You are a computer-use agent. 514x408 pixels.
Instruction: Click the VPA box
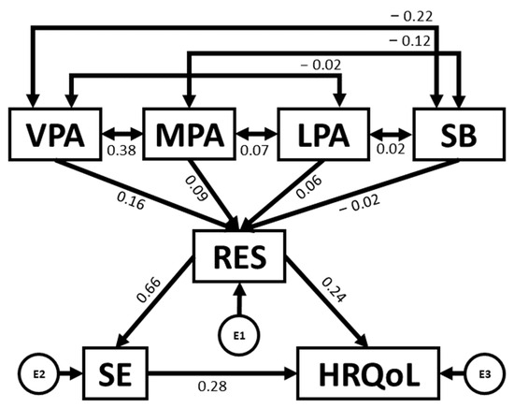(x=55, y=134)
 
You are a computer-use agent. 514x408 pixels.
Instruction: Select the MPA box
(x=190, y=134)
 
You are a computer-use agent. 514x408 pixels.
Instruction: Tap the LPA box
(x=323, y=134)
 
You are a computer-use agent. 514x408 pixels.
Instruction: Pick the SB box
(x=458, y=134)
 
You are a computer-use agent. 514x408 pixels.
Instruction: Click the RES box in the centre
(x=239, y=255)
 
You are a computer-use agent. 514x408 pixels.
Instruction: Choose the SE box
(x=115, y=373)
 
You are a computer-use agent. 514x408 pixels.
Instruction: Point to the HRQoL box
(x=368, y=373)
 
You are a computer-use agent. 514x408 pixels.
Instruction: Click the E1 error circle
(x=239, y=336)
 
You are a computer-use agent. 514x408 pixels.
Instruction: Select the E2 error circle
(x=38, y=374)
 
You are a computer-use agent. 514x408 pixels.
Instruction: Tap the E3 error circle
(x=485, y=374)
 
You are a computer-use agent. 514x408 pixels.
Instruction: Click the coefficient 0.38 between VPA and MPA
(x=121, y=151)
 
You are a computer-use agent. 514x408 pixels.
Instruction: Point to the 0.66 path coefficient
(x=149, y=290)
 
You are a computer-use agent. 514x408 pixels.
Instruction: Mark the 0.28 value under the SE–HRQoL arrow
(x=212, y=386)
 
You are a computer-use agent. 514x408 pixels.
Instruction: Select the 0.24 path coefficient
(x=334, y=290)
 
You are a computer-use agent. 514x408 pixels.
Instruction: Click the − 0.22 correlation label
(x=412, y=17)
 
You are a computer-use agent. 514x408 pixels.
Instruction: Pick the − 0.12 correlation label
(x=409, y=41)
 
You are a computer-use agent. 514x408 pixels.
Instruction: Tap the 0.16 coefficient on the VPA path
(x=131, y=201)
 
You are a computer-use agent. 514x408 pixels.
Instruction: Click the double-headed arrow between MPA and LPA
(x=257, y=134)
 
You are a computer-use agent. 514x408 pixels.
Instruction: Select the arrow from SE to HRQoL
(x=222, y=373)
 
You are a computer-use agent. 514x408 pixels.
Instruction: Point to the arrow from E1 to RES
(x=239, y=299)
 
